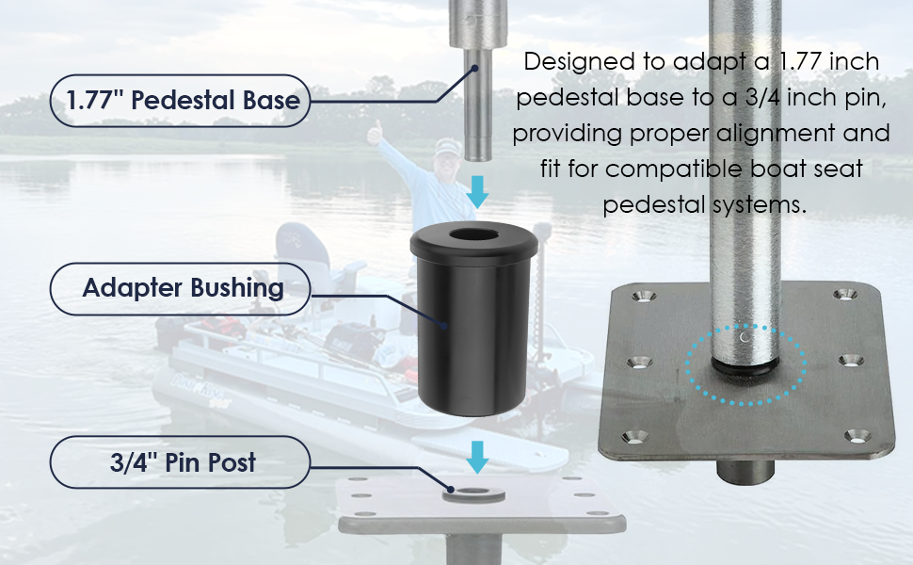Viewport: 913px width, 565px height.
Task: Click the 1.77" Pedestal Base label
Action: (182, 101)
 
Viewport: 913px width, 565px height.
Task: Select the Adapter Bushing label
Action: (182, 288)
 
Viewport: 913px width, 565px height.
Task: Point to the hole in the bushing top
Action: (474, 235)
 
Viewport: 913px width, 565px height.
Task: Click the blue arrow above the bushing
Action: (479, 192)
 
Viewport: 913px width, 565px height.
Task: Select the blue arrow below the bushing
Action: (479, 457)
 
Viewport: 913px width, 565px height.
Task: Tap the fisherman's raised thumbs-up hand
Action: (376, 133)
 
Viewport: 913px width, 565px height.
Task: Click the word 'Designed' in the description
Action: (576, 62)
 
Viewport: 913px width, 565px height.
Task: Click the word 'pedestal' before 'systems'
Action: (652, 205)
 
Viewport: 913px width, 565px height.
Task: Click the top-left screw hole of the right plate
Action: (643, 297)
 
